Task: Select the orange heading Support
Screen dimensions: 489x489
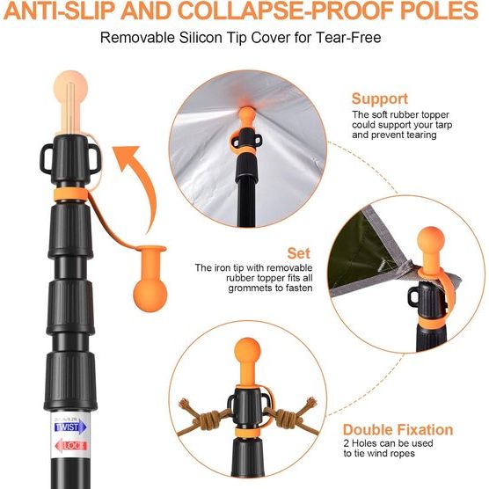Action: point(380,99)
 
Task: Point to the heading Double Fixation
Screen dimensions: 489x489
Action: point(398,430)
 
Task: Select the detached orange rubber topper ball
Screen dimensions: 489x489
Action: point(148,289)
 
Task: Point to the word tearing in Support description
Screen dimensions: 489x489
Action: point(434,135)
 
